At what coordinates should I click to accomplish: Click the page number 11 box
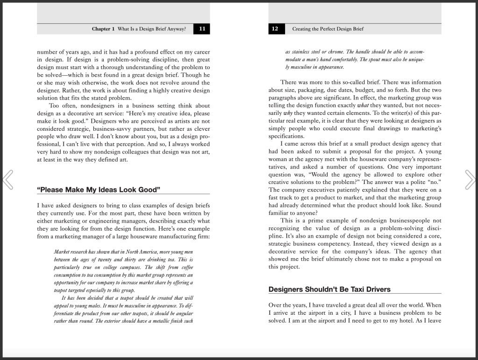[x=202, y=29]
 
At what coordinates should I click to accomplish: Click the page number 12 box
[x=275, y=29]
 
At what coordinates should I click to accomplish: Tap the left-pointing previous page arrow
[x=8, y=180]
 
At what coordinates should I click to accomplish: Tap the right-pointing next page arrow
[x=470, y=180]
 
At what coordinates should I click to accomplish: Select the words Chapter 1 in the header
[x=103, y=29]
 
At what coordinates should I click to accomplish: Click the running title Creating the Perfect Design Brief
[x=328, y=29]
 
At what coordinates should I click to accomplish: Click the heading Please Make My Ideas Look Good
[x=98, y=190]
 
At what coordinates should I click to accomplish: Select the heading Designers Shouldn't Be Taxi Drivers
[x=329, y=289]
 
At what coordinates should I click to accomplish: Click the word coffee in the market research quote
[x=184, y=268]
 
